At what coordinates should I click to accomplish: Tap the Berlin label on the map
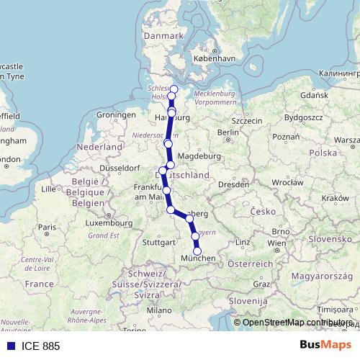[228, 132]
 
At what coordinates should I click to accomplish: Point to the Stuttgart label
[158, 243]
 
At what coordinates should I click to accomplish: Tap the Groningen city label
[116, 115]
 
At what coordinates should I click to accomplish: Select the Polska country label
[323, 153]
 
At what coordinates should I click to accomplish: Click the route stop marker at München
[198, 251]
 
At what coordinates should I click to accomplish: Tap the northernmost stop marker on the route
[174, 89]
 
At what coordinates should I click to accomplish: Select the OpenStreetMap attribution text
[295, 323]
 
